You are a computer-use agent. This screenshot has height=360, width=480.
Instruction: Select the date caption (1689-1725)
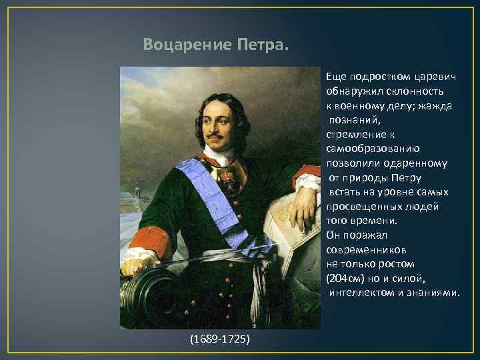click(x=220, y=339)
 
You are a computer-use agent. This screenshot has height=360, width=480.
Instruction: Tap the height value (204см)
click(x=346, y=278)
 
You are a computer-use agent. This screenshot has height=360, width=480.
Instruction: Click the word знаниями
click(x=433, y=293)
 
